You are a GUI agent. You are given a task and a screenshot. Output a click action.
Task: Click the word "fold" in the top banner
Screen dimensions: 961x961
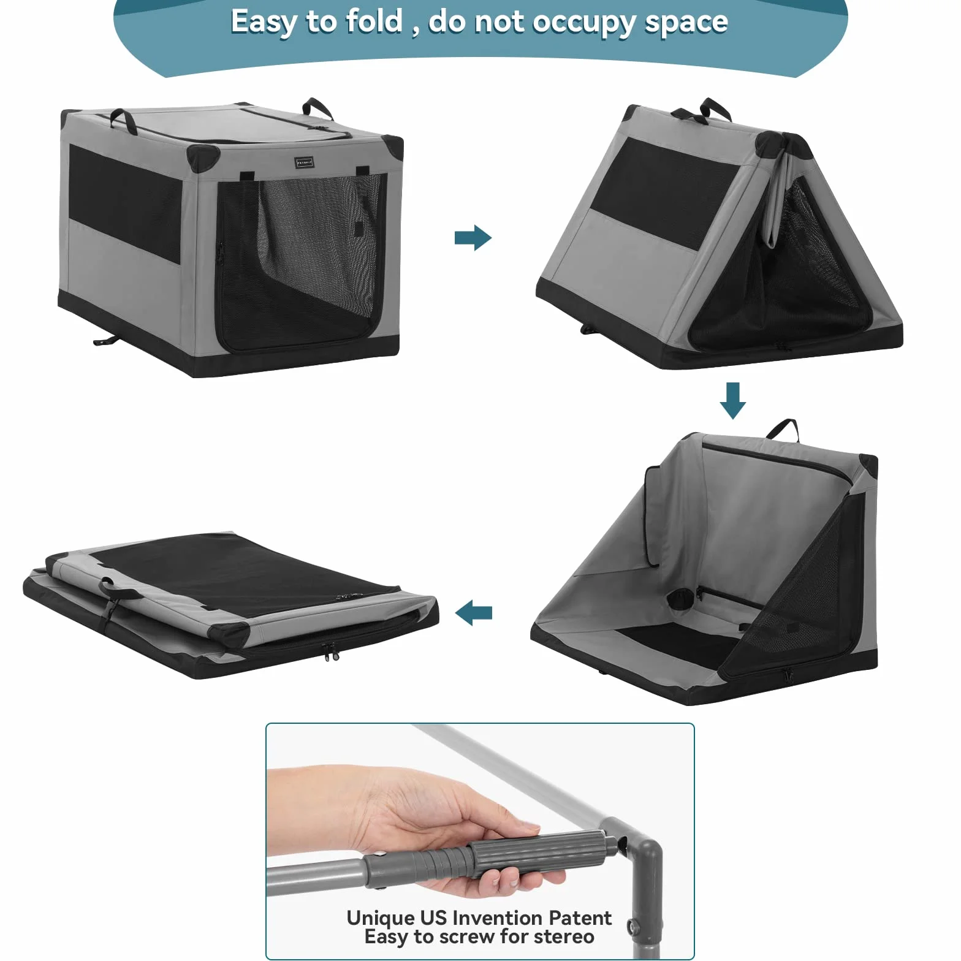click(x=374, y=21)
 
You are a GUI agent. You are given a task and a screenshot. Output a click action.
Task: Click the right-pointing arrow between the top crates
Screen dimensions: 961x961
click(x=473, y=238)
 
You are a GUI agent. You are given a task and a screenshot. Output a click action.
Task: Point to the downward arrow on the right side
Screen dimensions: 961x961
click(x=732, y=401)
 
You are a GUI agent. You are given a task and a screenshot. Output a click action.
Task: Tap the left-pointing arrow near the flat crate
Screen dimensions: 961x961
click(x=473, y=612)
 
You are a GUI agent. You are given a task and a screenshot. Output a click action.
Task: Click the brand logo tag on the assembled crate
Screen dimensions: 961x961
click(x=304, y=162)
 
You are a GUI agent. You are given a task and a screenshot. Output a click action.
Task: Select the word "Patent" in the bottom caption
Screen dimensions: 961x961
click(x=580, y=917)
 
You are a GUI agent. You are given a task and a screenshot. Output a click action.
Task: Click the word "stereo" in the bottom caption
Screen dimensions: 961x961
click(x=563, y=936)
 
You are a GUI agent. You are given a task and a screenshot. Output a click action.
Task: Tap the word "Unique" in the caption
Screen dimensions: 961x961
click(x=381, y=918)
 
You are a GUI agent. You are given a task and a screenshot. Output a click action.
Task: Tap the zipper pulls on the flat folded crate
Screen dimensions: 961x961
click(x=330, y=652)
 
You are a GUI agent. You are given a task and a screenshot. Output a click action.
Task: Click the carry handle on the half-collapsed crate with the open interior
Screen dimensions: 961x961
click(x=783, y=430)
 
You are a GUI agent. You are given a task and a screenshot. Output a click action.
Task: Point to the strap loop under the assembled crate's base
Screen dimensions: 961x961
click(x=108, y=340)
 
